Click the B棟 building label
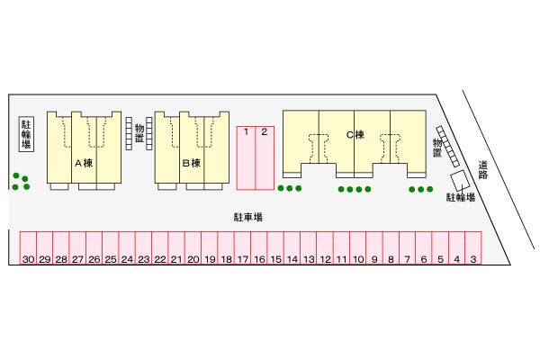191,163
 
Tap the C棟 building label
355,136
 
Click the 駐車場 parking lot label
247,217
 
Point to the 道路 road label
483,169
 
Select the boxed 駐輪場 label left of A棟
26,136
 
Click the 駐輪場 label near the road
460,197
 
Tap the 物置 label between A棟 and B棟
139,135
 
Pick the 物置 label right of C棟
437,148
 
